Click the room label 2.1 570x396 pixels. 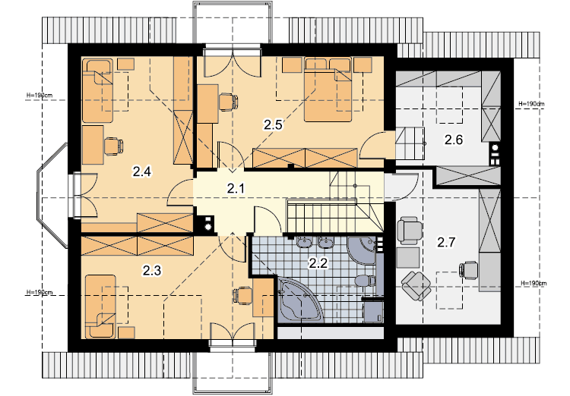point(236,188)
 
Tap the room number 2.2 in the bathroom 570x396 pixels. point(318,262)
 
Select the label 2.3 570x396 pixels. point(151,270)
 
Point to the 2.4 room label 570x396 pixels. point(142,171)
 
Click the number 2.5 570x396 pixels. point(273,125)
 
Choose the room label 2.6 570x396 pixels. point(454,139)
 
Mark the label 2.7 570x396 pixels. point(446,242)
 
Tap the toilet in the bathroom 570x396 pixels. point(366,281)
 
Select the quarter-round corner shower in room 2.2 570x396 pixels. point(363,250)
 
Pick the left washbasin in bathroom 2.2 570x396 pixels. point(303,243)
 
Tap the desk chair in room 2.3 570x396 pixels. point(242,295)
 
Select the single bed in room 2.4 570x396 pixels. point(98,91)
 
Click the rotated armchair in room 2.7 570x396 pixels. point(416,285)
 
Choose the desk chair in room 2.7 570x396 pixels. point(469,270)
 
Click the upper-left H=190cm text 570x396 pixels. point(40,96)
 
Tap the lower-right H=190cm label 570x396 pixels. point(534,283)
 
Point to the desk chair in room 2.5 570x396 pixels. point(229,102)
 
